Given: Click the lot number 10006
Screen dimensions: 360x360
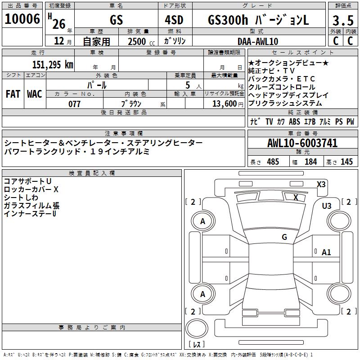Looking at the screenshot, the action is pos(22,19).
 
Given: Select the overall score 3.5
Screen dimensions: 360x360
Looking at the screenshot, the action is pos(343,20).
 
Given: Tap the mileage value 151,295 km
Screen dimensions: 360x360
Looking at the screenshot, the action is pos(53,64).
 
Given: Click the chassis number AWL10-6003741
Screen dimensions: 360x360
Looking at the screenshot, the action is pos(302,143).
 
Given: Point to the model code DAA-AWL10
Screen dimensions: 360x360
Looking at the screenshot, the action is pos(258,41).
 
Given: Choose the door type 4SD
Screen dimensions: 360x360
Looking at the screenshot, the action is pos(174,20).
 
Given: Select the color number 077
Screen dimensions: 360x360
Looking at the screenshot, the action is pos(74,104).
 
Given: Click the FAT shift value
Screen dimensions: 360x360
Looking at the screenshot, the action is pos(13,94).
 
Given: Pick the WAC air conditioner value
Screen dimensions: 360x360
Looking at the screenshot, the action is pos(35,94).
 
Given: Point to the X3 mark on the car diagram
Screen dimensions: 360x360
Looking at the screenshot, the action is pos(321,184).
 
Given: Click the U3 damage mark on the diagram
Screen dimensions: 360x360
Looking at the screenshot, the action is pos(327,206).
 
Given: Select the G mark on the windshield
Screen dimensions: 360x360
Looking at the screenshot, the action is pos(284,237).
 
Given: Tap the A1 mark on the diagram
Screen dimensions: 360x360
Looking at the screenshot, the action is pos(326,252).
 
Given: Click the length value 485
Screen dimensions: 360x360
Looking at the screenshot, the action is pos(273,162).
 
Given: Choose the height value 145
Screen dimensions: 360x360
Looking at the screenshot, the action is pos(346,162).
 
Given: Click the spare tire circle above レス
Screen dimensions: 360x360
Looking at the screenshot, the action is pos(197,328).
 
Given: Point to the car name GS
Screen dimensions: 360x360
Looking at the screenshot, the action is pos(116,20).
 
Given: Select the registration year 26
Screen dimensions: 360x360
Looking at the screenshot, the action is pos(59,24).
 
